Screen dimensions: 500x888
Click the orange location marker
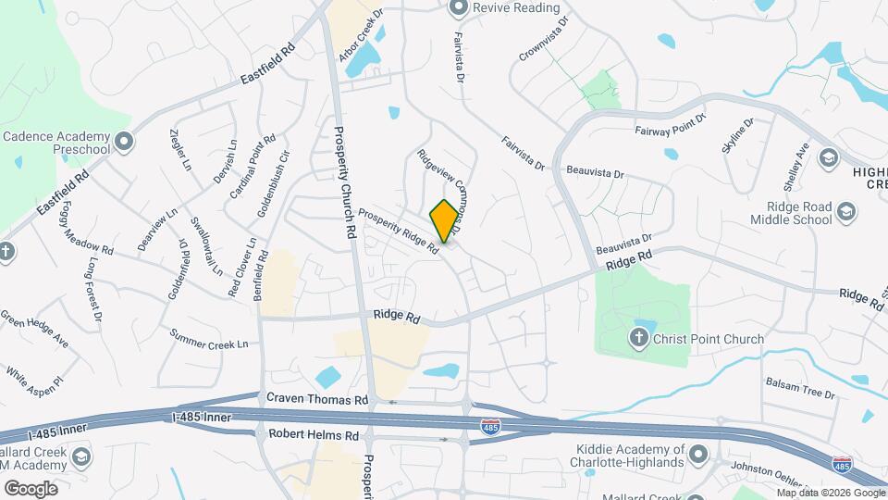click(444, 221)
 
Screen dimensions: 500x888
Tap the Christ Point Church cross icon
click(639, 338)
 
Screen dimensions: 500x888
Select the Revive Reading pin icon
click(457, 8)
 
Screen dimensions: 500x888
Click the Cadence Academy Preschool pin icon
click(125, 143)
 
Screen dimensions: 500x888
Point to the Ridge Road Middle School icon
click(845, 214)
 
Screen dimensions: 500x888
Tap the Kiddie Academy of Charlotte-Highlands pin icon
click(698, 455)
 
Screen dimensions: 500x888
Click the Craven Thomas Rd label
click(317, 399)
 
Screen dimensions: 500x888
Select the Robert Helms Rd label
click(313, 434)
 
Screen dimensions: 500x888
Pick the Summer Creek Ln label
click(209, 339)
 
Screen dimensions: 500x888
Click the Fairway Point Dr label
click(671, 124)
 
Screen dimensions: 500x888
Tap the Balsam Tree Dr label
click(799, 387)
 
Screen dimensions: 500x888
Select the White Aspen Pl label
click(34, 374)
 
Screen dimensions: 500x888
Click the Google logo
click(31, 488)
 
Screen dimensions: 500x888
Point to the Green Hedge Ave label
click(34, 328)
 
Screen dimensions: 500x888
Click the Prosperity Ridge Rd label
click(398, 231)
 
